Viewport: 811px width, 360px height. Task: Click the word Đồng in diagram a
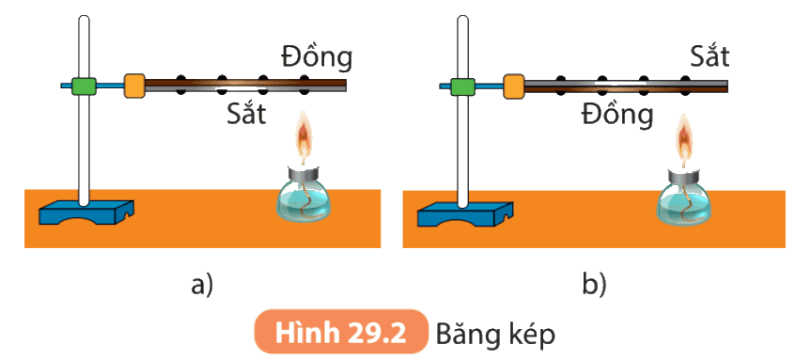[317, 57]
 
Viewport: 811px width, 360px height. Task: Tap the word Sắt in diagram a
[246, 114]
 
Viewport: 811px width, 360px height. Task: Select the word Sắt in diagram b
[710, 55]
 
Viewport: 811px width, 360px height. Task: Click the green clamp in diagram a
[84, 86]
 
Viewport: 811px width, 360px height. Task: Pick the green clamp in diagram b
[462, 86]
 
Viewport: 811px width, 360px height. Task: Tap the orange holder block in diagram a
[134, 86]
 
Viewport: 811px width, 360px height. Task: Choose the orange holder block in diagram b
[514, 86]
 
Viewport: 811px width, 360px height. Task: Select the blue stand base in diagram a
[86, 212]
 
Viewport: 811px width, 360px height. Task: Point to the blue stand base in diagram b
[465, 213]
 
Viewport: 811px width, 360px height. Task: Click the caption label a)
[202, 286]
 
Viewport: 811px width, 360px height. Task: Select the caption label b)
[594, 286]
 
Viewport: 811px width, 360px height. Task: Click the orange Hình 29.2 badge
[341, 332]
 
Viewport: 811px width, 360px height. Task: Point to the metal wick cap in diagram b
[684, 177]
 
